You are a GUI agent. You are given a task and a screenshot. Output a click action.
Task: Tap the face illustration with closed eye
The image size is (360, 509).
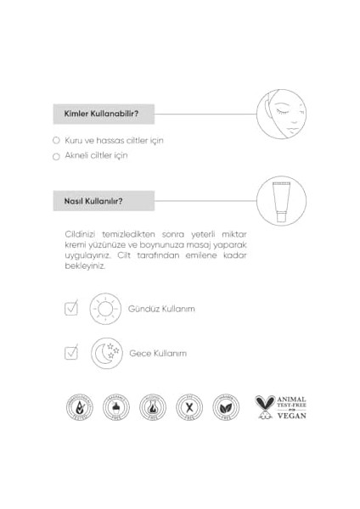[281, 113]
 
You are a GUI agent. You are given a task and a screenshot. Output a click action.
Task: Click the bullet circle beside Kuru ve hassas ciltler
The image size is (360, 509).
[56, 140]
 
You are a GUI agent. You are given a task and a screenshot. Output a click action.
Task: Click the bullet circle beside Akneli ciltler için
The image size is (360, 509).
[56, 156]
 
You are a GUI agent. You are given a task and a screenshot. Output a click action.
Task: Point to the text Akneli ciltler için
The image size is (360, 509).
[96, 156]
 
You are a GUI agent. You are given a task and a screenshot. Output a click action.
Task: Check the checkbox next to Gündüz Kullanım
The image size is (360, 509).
[71, 309]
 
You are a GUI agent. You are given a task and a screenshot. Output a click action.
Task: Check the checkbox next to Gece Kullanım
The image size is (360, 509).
[71, 352]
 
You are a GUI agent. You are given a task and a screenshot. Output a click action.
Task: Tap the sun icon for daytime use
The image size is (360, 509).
[106, 309]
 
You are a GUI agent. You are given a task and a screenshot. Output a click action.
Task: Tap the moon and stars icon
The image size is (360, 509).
[106, 352]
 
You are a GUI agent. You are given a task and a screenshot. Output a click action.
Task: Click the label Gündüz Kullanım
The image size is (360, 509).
[162, 309]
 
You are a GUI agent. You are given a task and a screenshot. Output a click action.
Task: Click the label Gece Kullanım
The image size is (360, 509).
[158, 353]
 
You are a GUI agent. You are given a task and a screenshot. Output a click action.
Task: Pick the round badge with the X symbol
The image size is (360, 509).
[188, 408]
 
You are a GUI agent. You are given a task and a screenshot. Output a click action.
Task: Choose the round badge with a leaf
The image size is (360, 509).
[225, 408]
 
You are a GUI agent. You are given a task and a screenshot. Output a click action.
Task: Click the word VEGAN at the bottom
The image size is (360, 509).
[290, 416]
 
